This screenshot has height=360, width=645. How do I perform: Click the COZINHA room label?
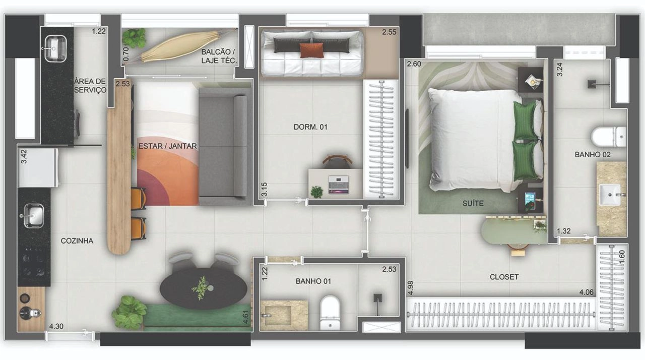(77, 241)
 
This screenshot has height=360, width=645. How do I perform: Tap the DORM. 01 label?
(310, 127)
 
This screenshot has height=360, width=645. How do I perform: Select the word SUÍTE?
(473, 203)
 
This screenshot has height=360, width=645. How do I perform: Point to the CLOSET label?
(504, 277)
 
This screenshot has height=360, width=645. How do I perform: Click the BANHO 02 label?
(592, 155)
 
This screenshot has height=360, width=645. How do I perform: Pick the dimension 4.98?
(411, 288)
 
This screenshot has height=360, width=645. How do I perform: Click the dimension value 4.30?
(56, 326)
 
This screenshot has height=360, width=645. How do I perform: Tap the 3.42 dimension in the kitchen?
(24, 156)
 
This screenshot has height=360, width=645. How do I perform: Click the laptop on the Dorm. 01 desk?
(338, 185)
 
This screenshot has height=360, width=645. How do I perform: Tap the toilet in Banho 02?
(608, 137)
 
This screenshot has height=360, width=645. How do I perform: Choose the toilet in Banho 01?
(330, 312)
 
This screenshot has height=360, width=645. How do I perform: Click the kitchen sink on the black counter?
(33, 216)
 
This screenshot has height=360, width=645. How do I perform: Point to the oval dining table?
(203, 288)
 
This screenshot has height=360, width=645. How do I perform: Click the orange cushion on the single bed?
(311, 50)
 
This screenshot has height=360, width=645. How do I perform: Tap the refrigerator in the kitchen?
(38, 167)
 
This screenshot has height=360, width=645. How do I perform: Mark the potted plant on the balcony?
(134, 38)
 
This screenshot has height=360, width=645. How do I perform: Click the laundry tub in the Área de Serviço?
(55, 48)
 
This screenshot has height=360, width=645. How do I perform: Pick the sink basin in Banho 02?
(610, 195)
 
